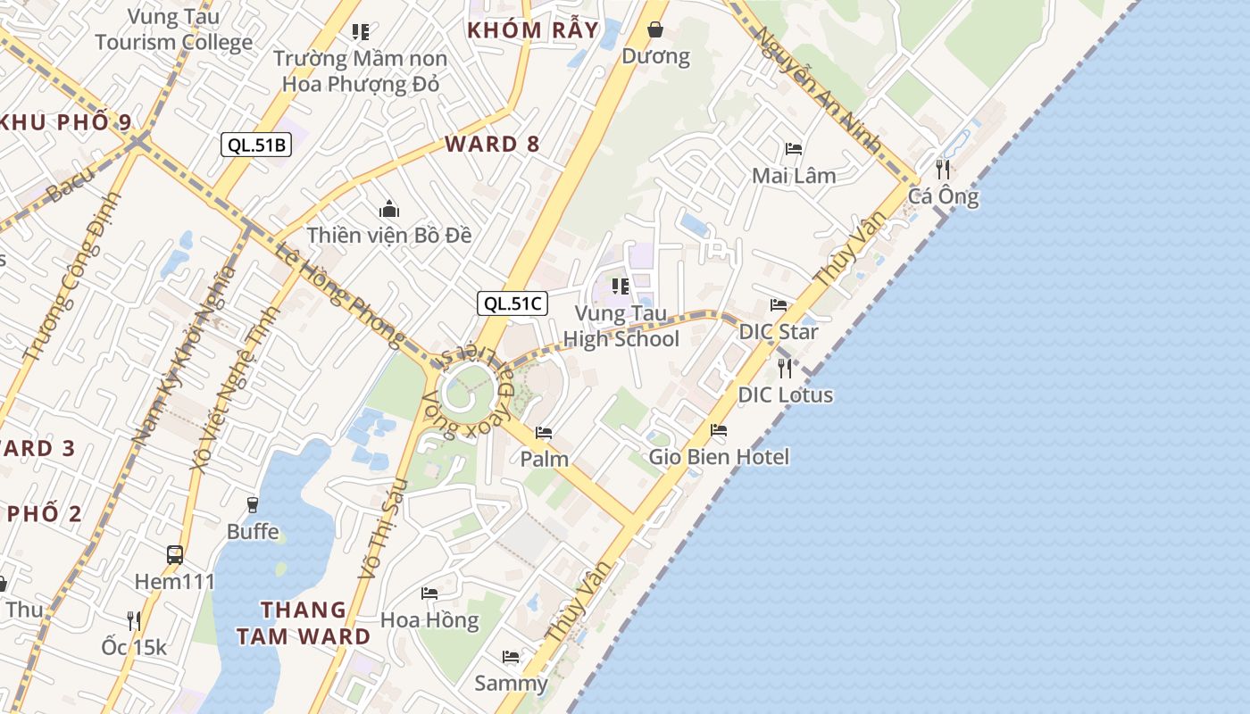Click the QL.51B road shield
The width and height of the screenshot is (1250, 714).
256,145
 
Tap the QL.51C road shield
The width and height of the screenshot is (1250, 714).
512,303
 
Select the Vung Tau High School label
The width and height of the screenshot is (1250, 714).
621,326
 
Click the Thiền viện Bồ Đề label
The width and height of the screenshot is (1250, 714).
389,235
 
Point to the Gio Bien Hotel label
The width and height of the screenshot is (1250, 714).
719,457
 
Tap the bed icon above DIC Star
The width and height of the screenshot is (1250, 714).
779,305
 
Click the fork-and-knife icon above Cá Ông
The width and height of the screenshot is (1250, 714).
943,170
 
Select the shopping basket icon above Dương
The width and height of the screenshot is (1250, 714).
655,30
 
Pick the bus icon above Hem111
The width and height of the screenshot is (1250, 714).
175,554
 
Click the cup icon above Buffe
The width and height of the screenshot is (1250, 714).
253,505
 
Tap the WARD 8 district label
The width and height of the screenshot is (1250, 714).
493,144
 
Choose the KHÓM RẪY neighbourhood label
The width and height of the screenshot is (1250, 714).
533,29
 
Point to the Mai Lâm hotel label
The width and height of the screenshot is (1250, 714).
794,175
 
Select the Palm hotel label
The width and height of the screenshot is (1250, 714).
545,459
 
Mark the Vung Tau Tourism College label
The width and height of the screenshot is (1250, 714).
174,29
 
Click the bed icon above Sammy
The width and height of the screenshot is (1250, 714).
511,657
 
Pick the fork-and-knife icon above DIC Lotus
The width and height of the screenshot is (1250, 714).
785,368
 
